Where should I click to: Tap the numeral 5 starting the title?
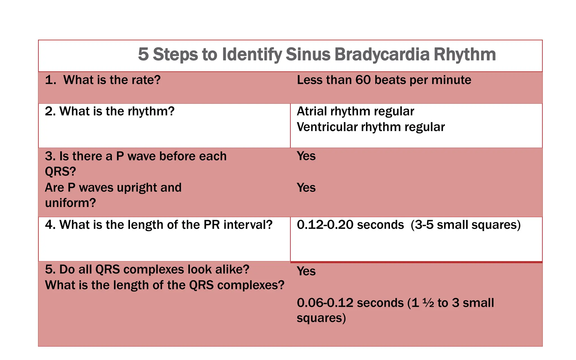(x=143, y=54)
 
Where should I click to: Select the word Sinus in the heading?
(x=308, y=54)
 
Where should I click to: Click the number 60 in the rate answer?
(x=363, y=80)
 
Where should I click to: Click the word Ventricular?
(x=327, y=127)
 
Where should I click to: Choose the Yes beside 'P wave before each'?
(x=306, y=156)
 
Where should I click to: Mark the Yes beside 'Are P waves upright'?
(x=306, y=188)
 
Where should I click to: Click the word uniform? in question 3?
(x=70, y=203)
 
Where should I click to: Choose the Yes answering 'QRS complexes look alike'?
(x=306, y=271)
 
